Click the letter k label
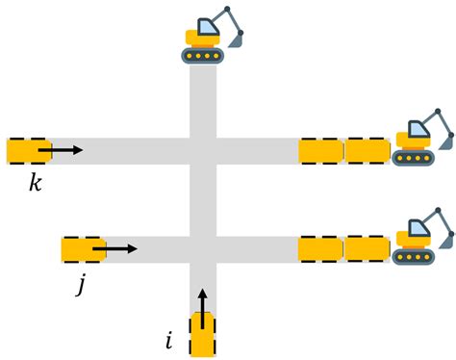[36, 182]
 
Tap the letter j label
[84, 285]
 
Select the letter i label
[169, 339]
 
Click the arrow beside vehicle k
[66, 150]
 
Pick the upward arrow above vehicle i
[202, 299]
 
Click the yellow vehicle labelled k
[28, 151]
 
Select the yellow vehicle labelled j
[84, 249]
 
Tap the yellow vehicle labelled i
[202, 334]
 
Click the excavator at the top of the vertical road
[212, 36]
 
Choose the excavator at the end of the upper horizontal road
[422, 139]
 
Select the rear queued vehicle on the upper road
[321, 151]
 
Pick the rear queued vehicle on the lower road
[321, 249]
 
